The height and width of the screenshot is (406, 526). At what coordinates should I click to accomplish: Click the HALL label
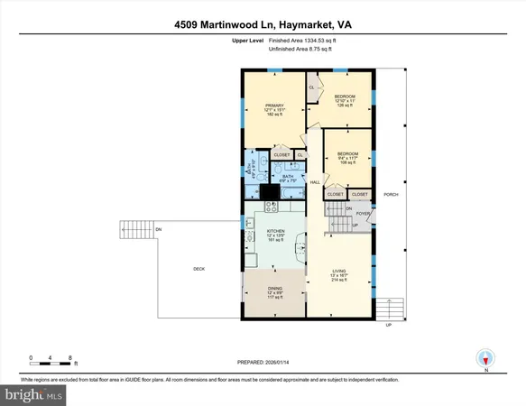(315, 183)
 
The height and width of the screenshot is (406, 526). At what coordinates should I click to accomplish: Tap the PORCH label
(391, 194)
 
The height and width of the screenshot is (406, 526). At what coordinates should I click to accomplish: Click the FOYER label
(363, 214)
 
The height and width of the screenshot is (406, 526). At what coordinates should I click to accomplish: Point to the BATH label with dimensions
(287, 178)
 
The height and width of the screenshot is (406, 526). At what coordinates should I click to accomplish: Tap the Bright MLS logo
(34, 394)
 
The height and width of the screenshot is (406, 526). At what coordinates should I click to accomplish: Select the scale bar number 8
(70, 357)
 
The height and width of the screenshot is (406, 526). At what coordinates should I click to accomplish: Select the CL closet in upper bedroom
(312, 88)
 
